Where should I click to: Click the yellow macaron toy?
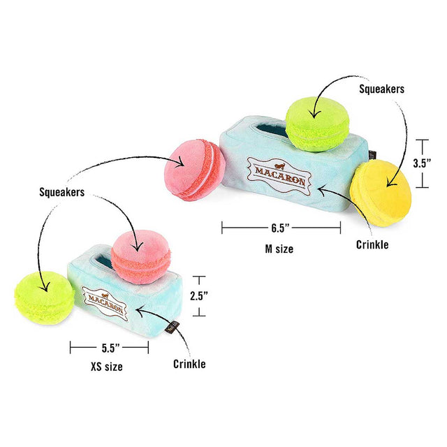[381, 193]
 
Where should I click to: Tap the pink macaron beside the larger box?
[195, 170]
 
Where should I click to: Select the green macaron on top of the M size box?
[317, 124]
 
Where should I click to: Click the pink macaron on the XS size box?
[140, 257]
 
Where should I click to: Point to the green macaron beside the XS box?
[45, 298]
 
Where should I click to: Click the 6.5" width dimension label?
[280, 228]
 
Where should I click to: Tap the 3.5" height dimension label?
[422, 163]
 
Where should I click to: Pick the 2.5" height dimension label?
[199, 296]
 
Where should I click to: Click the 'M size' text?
[279, 249]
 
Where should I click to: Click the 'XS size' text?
[107, 367]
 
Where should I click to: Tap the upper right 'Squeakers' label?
[381, 89]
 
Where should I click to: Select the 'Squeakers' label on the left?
[62, 192]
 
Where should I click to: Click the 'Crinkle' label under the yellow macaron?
[372, 244]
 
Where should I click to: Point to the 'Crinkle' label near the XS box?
[189, 364]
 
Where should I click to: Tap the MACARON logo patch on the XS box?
[105, 303]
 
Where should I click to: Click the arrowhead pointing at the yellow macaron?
[391, 182]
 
